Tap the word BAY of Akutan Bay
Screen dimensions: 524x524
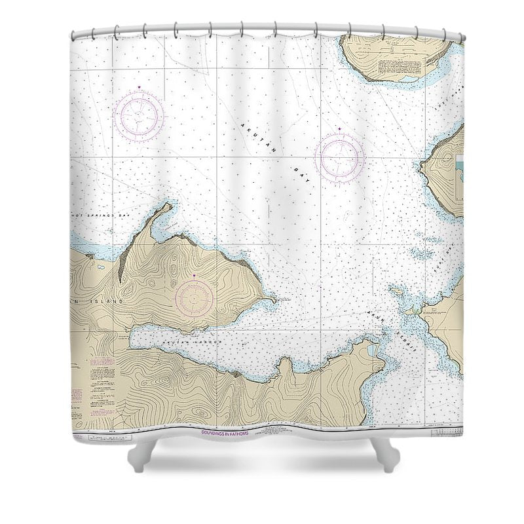coord(303,172)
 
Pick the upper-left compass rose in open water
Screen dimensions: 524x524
coord(138,116)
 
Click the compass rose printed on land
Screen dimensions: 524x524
coord(194,299)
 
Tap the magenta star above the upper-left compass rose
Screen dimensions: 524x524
coord(138,88)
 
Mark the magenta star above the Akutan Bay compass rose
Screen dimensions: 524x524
coord(339,128)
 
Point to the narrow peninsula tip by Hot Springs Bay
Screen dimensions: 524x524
coord(169,206)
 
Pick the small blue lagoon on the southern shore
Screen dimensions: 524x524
coord(372,351)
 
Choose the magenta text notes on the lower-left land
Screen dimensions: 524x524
coord(76,396)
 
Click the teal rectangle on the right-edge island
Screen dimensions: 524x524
coord(459,172)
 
